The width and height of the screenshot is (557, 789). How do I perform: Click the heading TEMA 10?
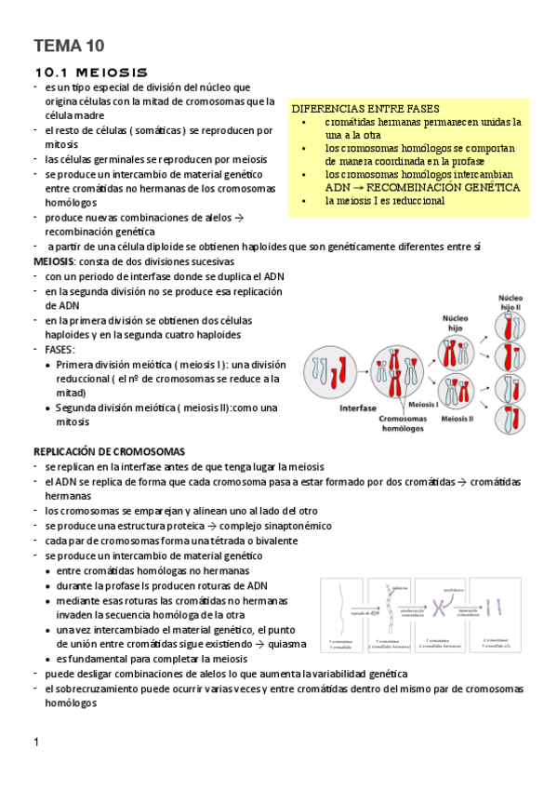[x=69, y=46]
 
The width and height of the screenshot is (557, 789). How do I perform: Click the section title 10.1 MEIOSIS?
[x=90, y=72]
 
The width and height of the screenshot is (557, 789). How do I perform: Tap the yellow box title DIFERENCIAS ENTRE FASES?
[x=365, y=109]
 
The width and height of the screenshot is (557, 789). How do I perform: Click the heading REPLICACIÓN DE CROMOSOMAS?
[x=109, y=450]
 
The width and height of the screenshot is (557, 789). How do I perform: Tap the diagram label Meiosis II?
[x=457, y=419]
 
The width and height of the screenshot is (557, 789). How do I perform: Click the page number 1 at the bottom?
[x=35, y=742]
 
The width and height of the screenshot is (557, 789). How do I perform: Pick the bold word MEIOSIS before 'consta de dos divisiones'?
[x=54, y=261]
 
